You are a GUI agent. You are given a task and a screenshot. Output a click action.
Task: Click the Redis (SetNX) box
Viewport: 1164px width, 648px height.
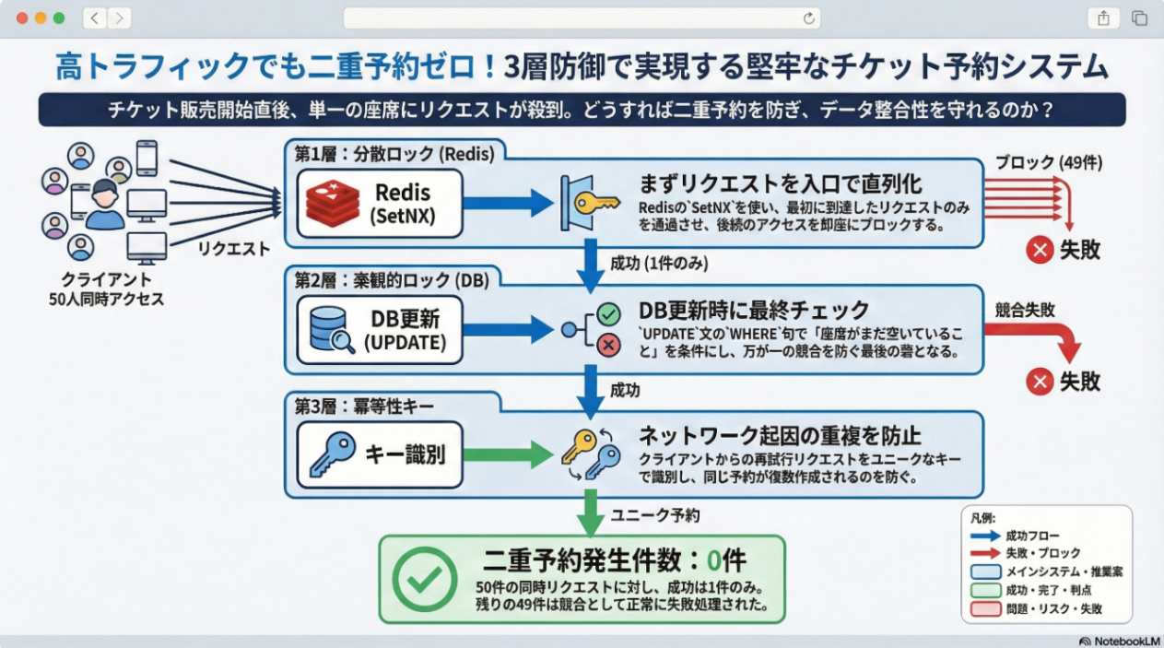pos(379,205)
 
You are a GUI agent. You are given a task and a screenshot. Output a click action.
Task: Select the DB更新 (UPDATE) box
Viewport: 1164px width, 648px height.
pos(379,330)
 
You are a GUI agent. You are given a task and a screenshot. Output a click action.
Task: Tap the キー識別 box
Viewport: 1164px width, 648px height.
pos(379,454)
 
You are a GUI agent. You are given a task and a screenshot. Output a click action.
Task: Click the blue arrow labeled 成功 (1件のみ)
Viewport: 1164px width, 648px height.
pos(587,263)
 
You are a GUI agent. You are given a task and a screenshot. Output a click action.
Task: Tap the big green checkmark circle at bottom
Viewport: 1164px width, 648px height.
pos(424,579)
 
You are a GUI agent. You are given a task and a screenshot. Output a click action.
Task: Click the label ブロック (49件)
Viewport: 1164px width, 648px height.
pos(1048,163)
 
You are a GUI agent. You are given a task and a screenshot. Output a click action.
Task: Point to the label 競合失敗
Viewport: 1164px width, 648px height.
pos(1025,311)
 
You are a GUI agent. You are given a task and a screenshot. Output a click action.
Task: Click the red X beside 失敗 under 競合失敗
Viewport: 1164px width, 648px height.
pos(1039,381)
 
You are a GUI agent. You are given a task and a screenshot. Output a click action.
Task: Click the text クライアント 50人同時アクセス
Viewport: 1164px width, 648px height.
pos(106,289)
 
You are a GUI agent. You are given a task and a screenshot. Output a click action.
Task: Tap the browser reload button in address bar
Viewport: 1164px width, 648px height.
pos(809,18)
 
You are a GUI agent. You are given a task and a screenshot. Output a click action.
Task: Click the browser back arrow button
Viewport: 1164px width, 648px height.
pos(94,18)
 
